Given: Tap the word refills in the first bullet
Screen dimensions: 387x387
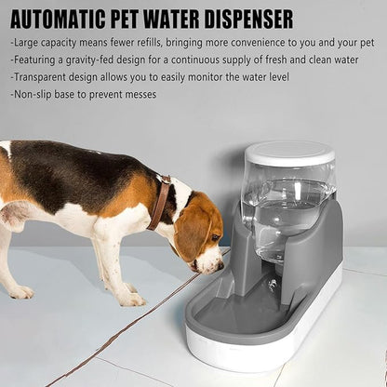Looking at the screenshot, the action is [146, 43].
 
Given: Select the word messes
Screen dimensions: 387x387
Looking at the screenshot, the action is [140, 95].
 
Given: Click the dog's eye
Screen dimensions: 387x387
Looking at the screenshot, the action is [215, 238].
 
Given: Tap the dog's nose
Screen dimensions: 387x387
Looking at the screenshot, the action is [220, 265].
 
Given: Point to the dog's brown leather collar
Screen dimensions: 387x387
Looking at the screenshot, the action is [161, 203].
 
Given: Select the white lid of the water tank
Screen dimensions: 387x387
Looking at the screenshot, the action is [289, 154].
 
